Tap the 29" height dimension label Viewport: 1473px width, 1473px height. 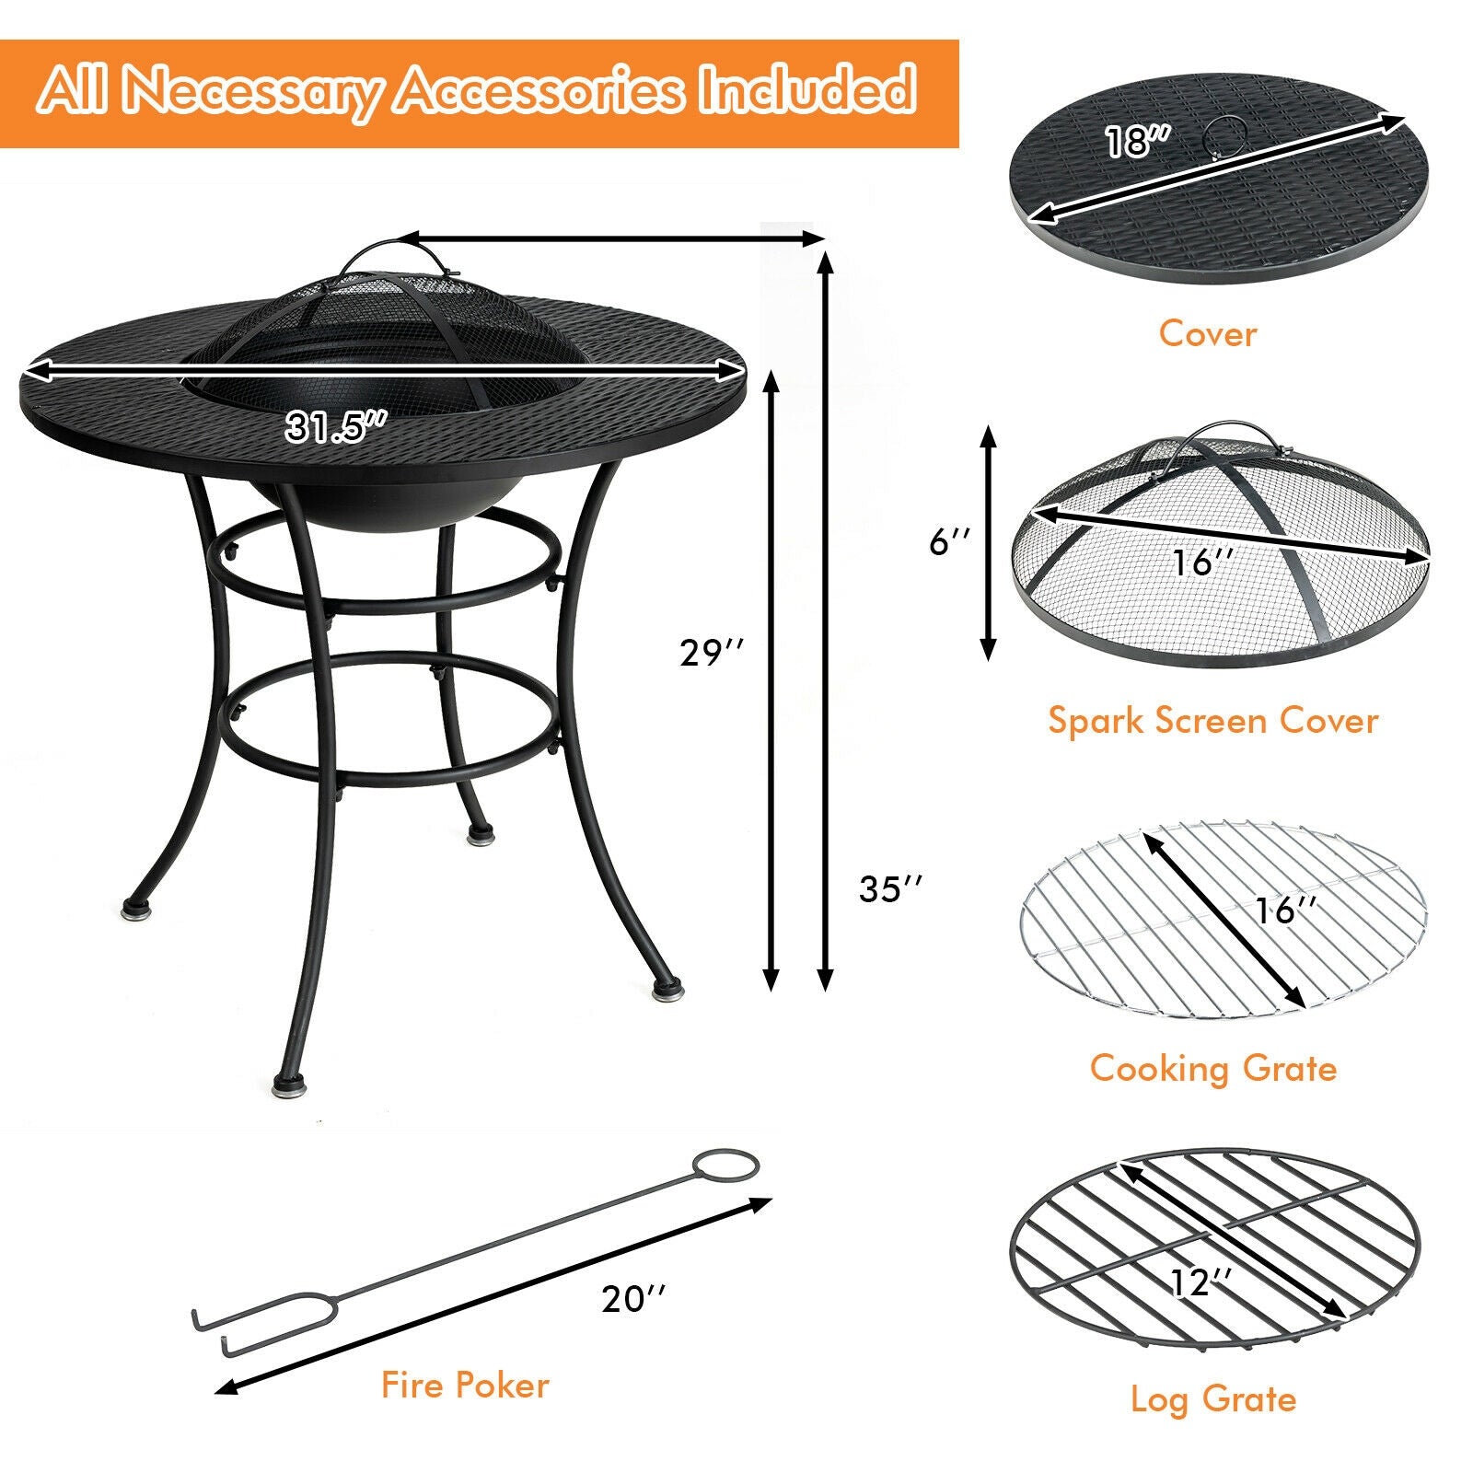(x=710, y=653)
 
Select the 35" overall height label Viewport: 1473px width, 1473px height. (x=889, y=888)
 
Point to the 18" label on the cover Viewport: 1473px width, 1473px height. (x=1137, y=142)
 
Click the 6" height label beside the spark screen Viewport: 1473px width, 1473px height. (x=949, y=542)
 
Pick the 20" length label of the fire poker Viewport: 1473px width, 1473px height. (x=633, y=1299)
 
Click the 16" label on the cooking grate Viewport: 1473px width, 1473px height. (x=1285, y=910)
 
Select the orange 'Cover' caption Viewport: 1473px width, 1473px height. (x=1207, y=333)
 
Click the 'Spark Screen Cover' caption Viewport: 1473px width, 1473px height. (x=1212, y=720)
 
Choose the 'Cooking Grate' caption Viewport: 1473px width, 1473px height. (x=1212, y=1068)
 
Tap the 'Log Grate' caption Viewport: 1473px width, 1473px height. (x=1212, y=1399)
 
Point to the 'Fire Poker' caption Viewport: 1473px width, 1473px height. (x=465, y=1385)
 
